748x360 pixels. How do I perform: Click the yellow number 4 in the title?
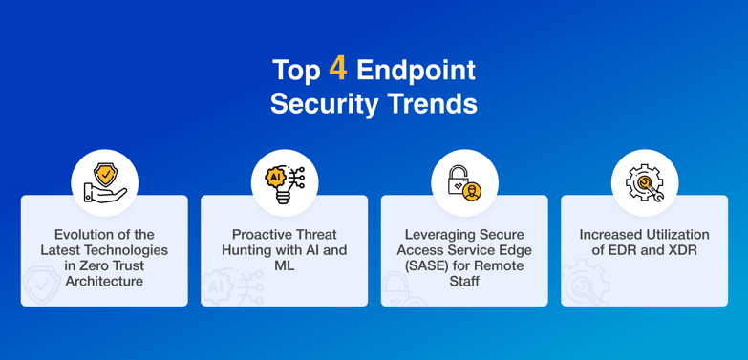[337, 69]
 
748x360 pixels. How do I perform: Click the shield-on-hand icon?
[104, 182]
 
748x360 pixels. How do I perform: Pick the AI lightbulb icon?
[284, 182]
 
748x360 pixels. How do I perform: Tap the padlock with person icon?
[464, 182]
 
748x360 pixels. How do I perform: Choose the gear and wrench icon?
[644, 182]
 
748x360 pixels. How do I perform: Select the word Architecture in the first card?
[104, 282]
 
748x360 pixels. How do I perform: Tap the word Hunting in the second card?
[246, 250]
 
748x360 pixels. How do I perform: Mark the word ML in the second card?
[284, 266]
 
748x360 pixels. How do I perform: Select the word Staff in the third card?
[464, 282]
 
